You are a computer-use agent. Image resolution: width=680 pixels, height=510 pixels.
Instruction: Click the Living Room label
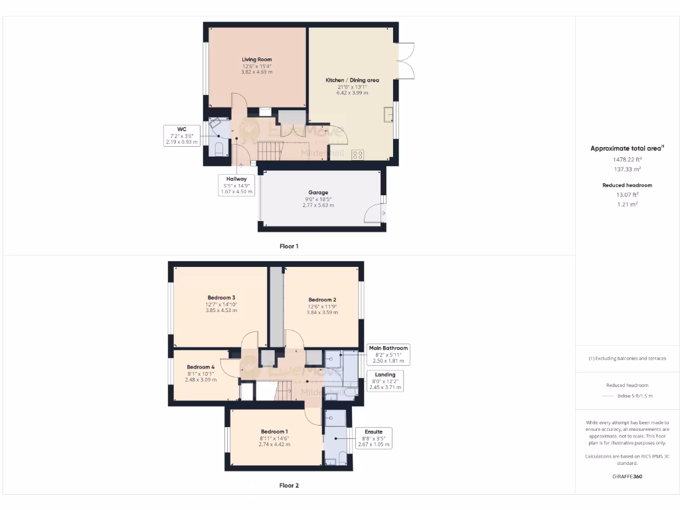pos(256,60)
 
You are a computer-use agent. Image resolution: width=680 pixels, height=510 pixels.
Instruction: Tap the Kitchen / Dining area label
pos(352,80)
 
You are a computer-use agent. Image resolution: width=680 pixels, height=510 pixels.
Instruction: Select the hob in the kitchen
pos(357,155)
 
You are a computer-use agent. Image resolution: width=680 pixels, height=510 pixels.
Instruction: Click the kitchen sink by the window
pos(387,115)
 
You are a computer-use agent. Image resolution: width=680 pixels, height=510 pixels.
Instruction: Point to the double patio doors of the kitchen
pos(406,61)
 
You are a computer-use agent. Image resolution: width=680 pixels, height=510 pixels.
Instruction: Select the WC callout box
pos(181,135)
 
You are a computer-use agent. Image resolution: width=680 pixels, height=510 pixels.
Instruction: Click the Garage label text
pos(318,193)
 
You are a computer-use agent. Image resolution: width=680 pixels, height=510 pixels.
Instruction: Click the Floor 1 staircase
pos(270,151)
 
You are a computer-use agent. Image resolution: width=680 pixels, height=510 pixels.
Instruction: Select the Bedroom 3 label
pos(220,297)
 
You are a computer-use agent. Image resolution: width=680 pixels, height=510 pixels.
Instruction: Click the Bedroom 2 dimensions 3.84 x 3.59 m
pos(323,312)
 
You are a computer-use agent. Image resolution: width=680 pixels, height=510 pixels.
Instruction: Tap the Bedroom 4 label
pos(201,367)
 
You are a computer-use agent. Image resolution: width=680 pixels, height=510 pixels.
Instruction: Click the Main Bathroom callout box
pos(388,354)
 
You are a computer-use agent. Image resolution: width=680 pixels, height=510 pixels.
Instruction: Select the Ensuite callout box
pos(373,438)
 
